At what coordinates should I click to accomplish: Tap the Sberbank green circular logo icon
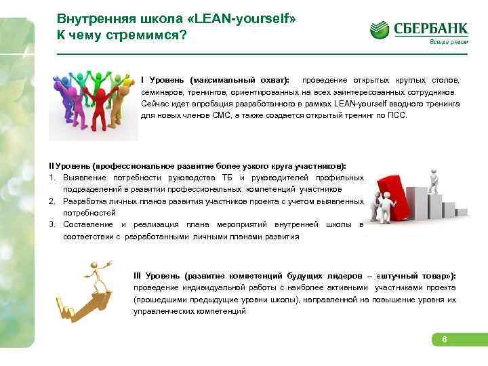pos(380,29)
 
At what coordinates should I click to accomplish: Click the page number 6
pos(444,340)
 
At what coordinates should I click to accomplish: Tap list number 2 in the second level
pos(52,201)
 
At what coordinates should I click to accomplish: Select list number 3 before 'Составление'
pos(52,224)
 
